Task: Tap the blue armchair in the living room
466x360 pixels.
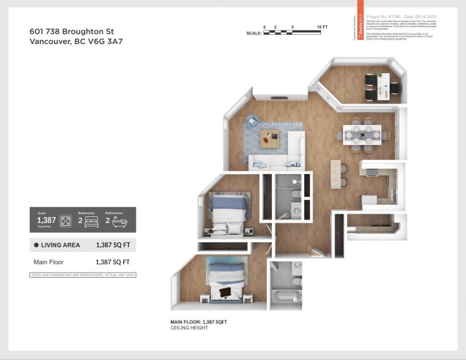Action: (251, 120)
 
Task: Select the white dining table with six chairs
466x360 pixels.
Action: (361, 135)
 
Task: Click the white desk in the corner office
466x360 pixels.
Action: (384, 85)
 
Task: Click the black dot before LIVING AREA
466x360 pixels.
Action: (36, 245)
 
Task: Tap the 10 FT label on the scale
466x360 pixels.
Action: (322, 27)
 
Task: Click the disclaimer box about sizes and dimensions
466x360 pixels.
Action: (83, 275)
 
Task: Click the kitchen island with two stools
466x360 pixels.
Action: (335, 174)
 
